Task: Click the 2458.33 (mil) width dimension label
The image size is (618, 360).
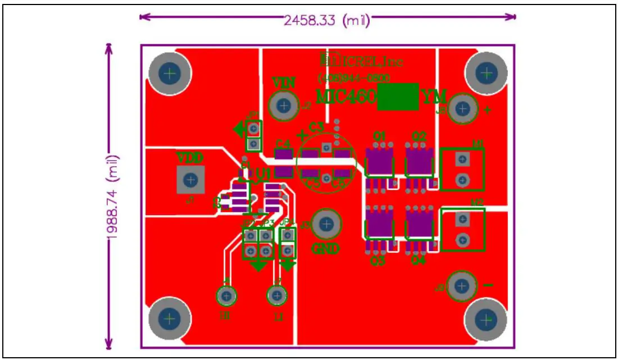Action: pos(326,21)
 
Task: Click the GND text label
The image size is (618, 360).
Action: pos(326,249)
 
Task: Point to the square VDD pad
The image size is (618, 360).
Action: pos(191,180)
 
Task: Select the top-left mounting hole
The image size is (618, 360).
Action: pos(170,72)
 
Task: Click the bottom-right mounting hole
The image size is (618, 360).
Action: pos(486,320)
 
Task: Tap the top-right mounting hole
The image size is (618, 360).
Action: pos(487,72)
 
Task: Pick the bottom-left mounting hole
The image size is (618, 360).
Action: pos(170,320)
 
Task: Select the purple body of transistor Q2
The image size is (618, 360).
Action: pos(419,162)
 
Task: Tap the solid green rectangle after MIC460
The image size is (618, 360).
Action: pos(398,97)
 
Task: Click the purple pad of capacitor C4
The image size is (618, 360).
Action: pos(283,155)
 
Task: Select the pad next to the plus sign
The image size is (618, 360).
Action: pos(462,109)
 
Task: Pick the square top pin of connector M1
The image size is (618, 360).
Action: pos(462,160)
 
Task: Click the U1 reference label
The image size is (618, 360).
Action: pos(264,174)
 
